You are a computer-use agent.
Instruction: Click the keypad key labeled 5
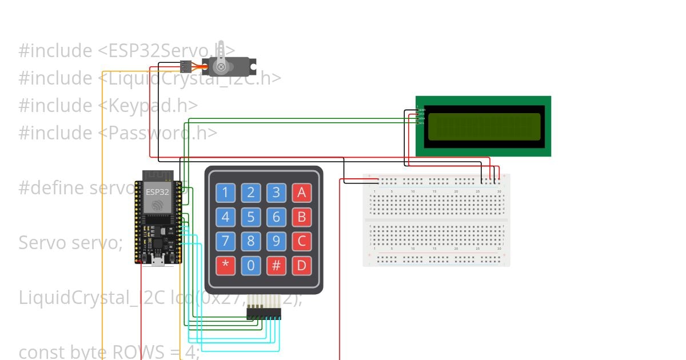pos(250,217)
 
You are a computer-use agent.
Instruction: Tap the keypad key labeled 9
pos(276,241)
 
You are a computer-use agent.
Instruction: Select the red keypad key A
pos(302,193)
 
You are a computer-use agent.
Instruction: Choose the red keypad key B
pos(302,217)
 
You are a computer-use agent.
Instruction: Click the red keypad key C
pos(302,241)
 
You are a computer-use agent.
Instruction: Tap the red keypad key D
pos(302,266)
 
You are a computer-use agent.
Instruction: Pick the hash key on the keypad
pos(276,266)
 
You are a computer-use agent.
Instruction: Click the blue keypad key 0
pos(250,266)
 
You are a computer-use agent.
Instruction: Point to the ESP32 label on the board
pos(157,191)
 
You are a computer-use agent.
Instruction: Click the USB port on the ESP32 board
pos(157,261)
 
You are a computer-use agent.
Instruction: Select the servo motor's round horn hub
pos(221,66)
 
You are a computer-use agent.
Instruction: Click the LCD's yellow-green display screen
pos(484,126)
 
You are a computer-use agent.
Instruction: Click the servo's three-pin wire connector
pos(186,66)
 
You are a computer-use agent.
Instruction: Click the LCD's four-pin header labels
pos(421,116)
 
